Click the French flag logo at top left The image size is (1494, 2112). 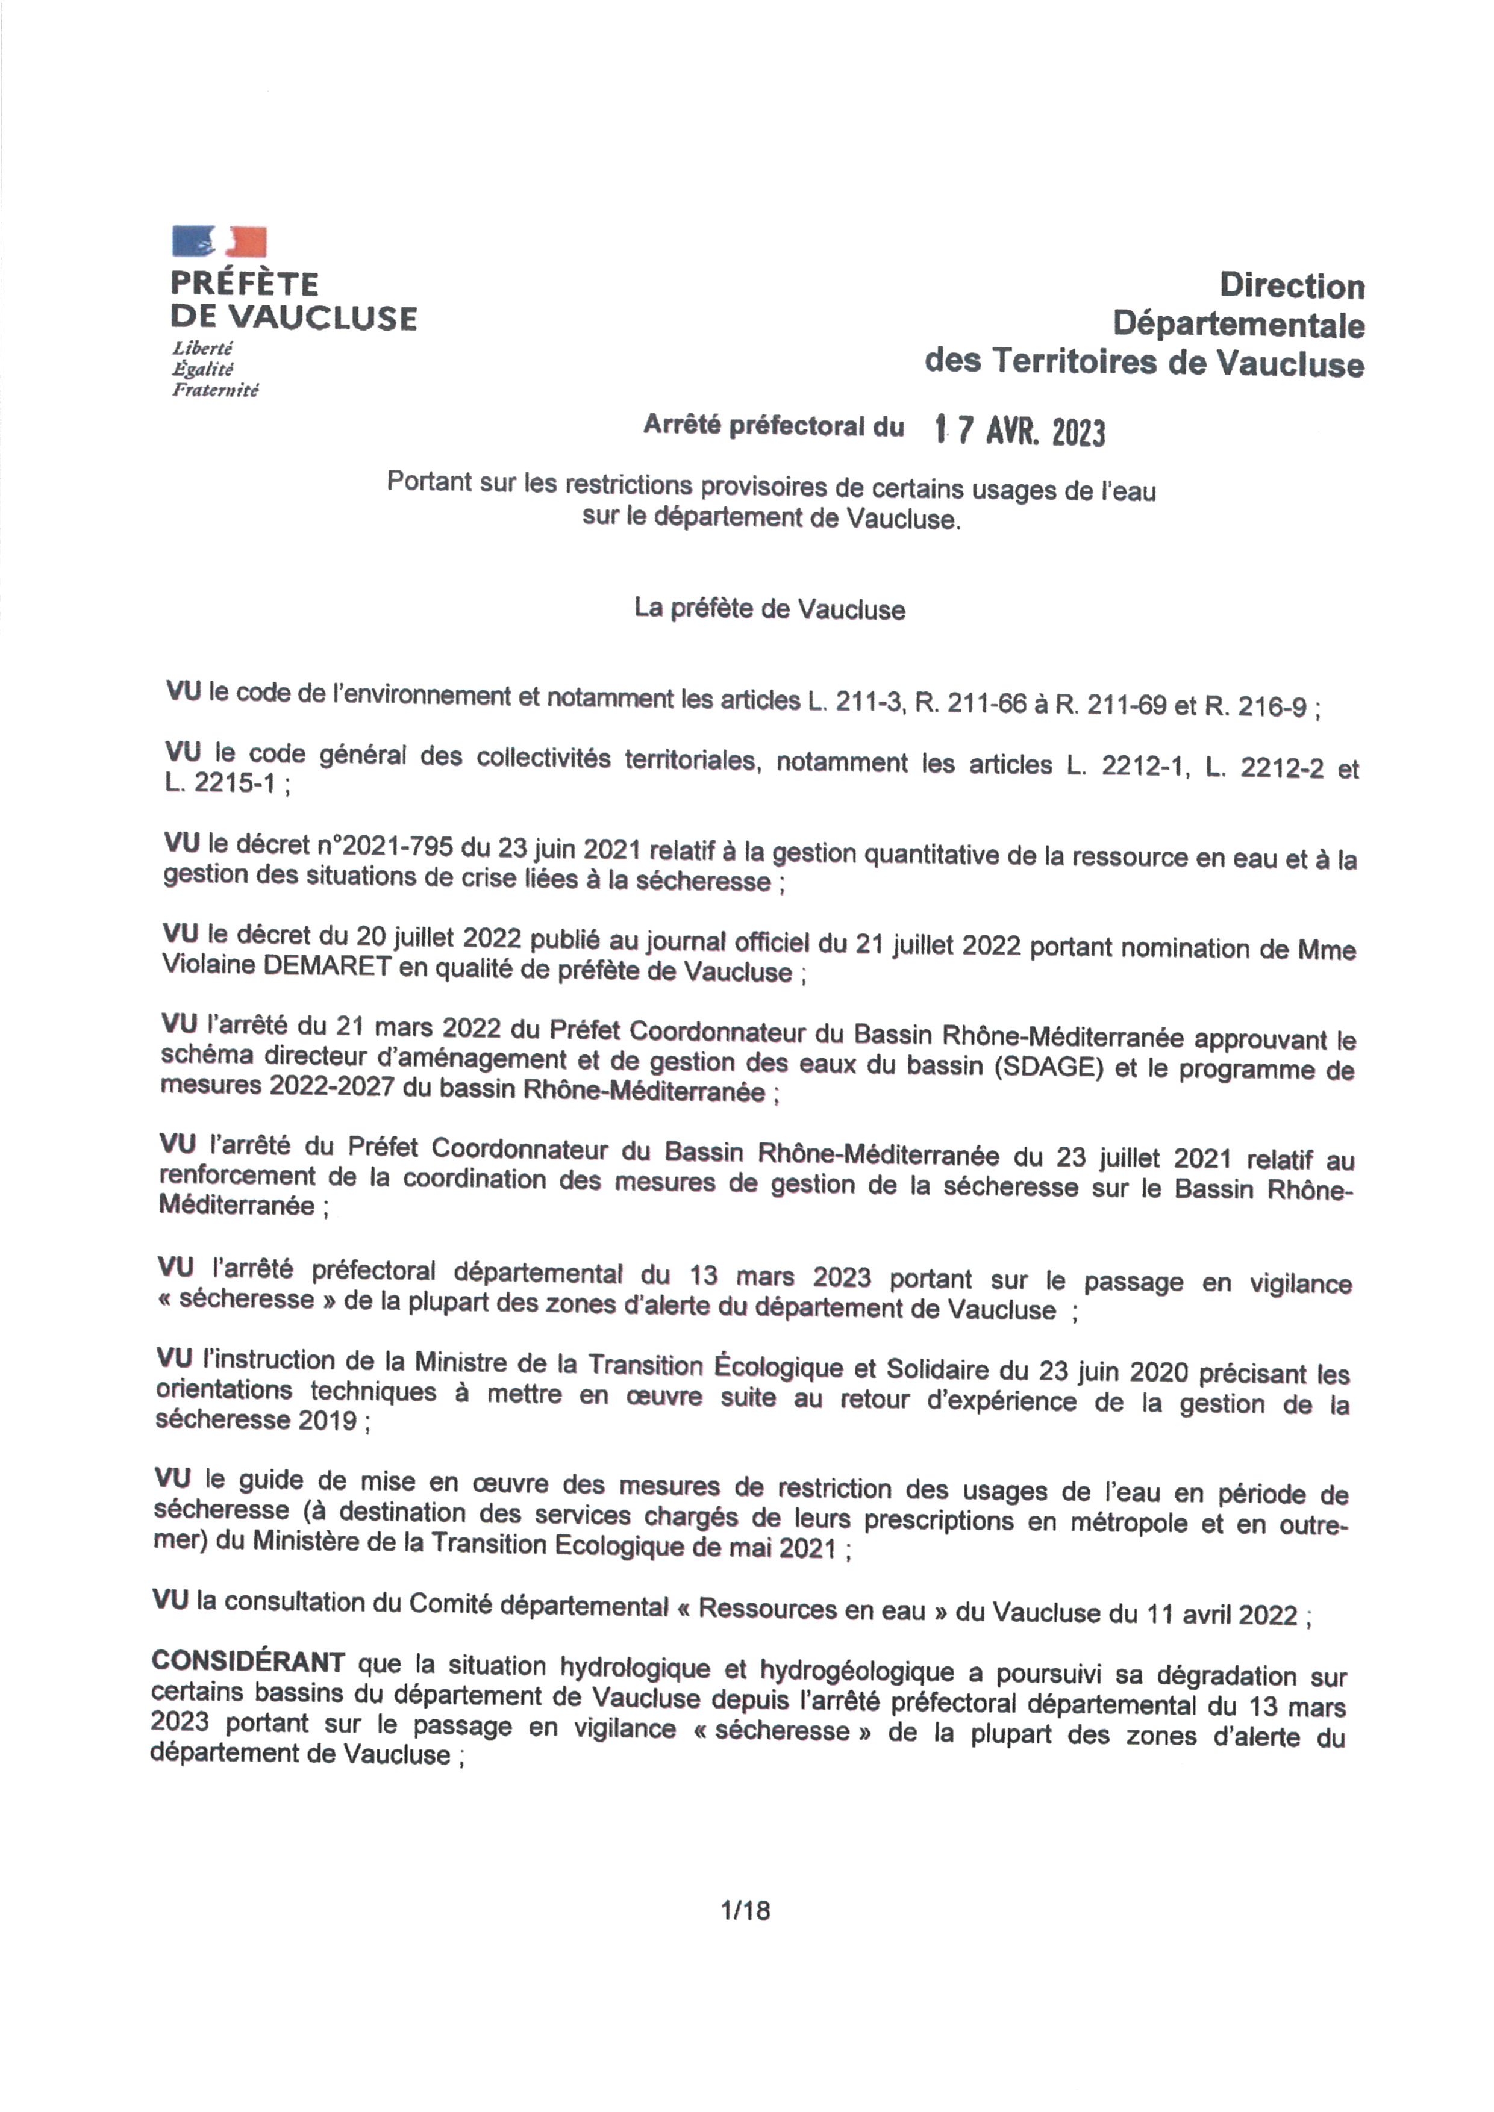point(219,241)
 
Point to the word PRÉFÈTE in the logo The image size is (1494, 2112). point(245,283)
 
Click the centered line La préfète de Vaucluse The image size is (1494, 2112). point(769,609)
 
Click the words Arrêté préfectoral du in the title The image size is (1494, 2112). point(773,425)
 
